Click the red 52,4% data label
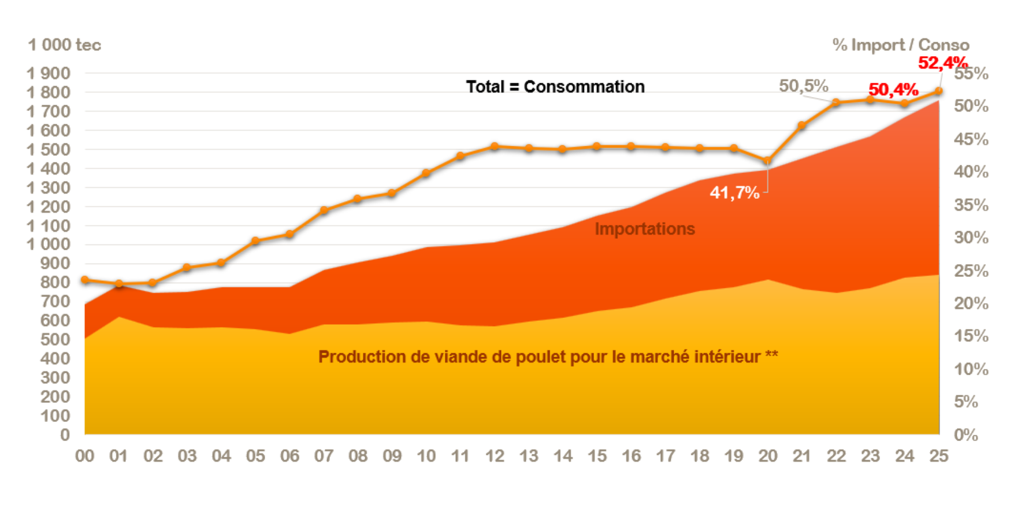pos(942,62)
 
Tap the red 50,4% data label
pos(893,90)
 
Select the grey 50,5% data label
pos(803,86)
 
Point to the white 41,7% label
pos(734,192)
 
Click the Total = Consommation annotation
pos(555,87)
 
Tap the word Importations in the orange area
pos(644,229)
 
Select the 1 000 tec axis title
pos(64,45)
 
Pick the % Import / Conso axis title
pos(900,45)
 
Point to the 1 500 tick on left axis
pos(49,150)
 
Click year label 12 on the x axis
pos(495,456)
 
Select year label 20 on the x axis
pos(767,456)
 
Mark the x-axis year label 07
pos(324,456)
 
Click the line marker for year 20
pos(767,161)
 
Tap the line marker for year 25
pos(938,91)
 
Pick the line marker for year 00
pos(85,280)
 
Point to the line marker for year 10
pos(426,173)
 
